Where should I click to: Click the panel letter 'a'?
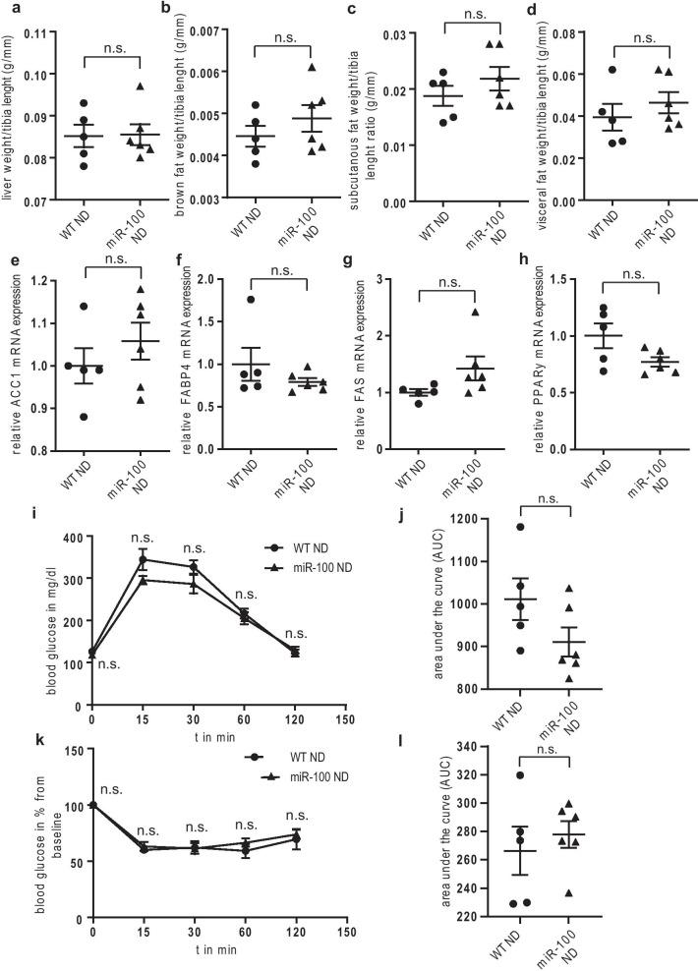[6, 9]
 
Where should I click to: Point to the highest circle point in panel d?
[584, 70]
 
